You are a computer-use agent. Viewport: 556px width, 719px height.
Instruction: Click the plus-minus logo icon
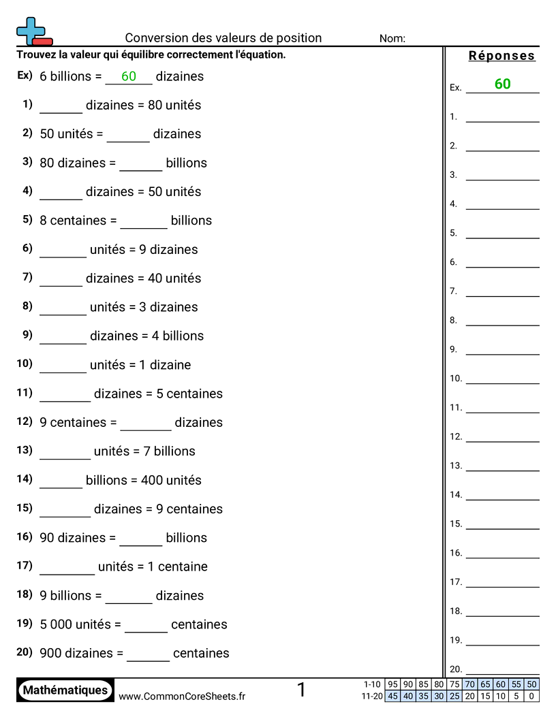click(x=33, y=32)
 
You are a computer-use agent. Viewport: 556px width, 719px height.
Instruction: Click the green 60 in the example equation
click(x=129, y=77)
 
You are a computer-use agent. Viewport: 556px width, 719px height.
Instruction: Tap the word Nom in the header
click(x=392, y=39)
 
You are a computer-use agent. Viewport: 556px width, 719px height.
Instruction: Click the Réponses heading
click(x=502, y=56)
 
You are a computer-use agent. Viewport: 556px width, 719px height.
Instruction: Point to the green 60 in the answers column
click(x=502, y=84)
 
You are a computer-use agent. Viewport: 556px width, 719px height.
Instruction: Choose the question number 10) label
click(x=25, y=364)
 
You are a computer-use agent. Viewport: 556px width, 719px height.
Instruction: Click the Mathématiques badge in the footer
click(x=65, y=690)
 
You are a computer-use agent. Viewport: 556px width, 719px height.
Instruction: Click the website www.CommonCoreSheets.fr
click(x=182, y=697)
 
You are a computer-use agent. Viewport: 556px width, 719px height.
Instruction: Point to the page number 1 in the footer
click(x=301, y=690)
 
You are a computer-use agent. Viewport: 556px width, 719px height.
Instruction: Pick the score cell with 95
click(x=392, y=684)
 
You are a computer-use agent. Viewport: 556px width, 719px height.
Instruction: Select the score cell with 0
click(x=532, y=696)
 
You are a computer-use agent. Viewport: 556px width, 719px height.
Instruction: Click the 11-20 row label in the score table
click(x=372, y=696)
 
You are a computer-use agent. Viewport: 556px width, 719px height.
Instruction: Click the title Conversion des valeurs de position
click(x=223, y=38)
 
